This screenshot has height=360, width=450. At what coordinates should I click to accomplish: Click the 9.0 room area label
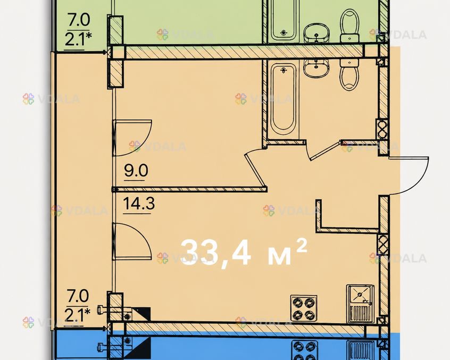136,171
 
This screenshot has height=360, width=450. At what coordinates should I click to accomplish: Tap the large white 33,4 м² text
244,253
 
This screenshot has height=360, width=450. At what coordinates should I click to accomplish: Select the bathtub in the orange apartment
284,99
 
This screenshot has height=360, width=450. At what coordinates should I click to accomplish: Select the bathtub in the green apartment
284,20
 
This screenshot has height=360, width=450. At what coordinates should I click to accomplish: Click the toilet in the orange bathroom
349,74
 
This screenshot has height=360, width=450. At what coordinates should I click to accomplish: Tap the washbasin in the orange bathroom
315,68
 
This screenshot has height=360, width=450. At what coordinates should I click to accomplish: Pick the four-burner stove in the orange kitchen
304,308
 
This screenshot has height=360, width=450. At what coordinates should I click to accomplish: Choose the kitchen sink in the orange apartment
360,304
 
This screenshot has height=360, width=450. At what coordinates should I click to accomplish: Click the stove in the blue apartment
304,350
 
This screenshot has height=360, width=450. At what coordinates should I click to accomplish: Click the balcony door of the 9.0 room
132,138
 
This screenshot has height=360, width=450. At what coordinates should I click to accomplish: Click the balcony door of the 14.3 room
131,241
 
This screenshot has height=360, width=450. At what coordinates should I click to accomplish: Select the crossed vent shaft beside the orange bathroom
382,129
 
